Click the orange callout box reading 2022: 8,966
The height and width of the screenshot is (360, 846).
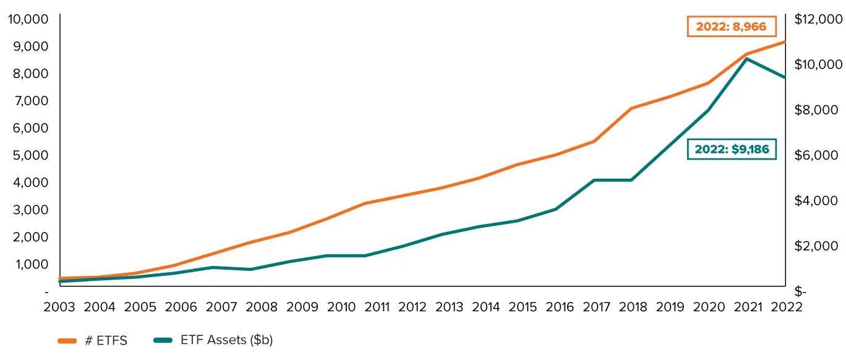[x=732, y=27]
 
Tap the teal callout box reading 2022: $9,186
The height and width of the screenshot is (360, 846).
[x=732, y=149]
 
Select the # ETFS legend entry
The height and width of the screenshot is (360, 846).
[x=93, y=340]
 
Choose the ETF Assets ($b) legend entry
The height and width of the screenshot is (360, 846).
[x=213, y=340]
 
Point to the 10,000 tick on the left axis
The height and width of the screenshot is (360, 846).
[x=28, y=19]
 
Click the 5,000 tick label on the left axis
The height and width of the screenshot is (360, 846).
[x=30, y=155]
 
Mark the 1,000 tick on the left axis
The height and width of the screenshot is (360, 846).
[x=32, y=264]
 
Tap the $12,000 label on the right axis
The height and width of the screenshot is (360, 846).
[x=818, y=19]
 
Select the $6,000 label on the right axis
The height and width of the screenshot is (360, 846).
[x=816, y=155]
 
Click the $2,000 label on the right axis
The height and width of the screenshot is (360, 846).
[x=816, y=246]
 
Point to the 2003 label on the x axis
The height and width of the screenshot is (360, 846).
[x=59, y=307]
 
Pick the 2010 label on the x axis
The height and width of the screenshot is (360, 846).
[x=341, y=307]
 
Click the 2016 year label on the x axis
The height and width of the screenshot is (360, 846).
[x=560, y=307]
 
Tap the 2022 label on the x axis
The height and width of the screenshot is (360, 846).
[x=787, y=307]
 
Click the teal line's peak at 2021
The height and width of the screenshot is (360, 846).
[x=746, y=59]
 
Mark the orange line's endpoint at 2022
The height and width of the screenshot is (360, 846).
[x=785, y=42]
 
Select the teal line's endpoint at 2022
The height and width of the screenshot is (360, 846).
[x=785, y=78]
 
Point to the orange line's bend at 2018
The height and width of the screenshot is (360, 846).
[x=631, y=108]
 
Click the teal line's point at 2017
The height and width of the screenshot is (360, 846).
[x=594, y=180]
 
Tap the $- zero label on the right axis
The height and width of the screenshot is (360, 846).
[x=800, y=291]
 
